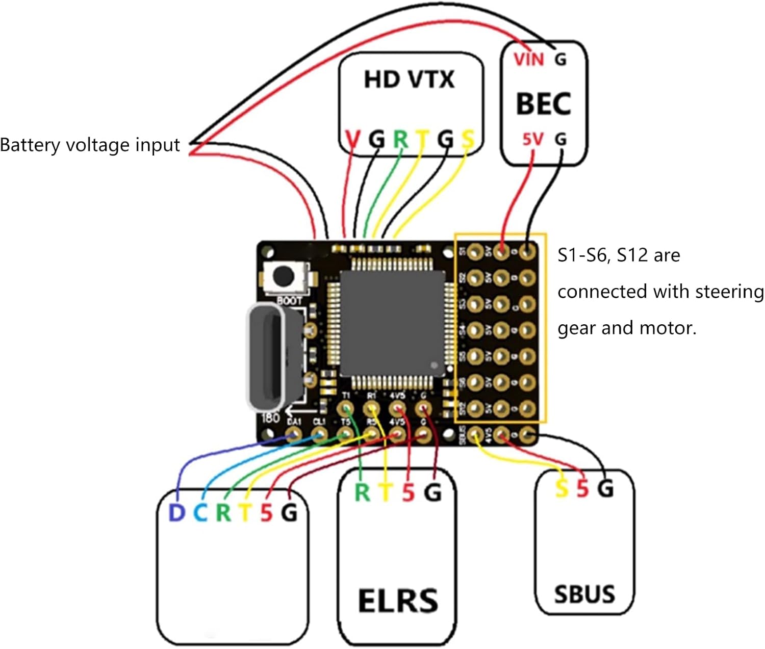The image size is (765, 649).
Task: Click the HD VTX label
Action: pyautogui.click(x=409, y=80)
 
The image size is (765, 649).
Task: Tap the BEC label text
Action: pyautogui.click(x=543, y=103)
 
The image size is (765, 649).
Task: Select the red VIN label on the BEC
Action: pyautogui.click(x=529, y=60)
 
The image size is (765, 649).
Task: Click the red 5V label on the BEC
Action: pyautogui.click(x=533, y=139)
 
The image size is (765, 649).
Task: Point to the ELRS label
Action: pyautogui.click(x=398, y=601)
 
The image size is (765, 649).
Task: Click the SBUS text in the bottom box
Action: pyautogui.click(x=584, y=594)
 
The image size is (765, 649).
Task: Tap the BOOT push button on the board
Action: pyautogui.click(x=284, y=276)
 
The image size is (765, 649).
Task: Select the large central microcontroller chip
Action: pyautogui.click(x=392, y=323)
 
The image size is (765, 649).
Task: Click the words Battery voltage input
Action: pyautogui.click(x=90, y=145)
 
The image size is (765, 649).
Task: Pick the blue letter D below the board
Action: pyautogui.click(x=176, y=512)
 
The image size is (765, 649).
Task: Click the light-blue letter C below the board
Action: pyautogui.click(x=200, y=512)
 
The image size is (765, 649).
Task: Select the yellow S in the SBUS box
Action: pyautogui.click(x=562, y=488)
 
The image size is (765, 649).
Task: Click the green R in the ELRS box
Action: pyautogui.click(x=362, y=492)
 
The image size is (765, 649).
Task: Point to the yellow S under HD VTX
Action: pyautogui.click(x=468, y=139)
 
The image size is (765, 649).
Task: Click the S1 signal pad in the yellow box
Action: pyautogui.click(x=475, y=251)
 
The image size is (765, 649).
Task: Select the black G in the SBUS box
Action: pyautogui.click(x=605, y=488)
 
